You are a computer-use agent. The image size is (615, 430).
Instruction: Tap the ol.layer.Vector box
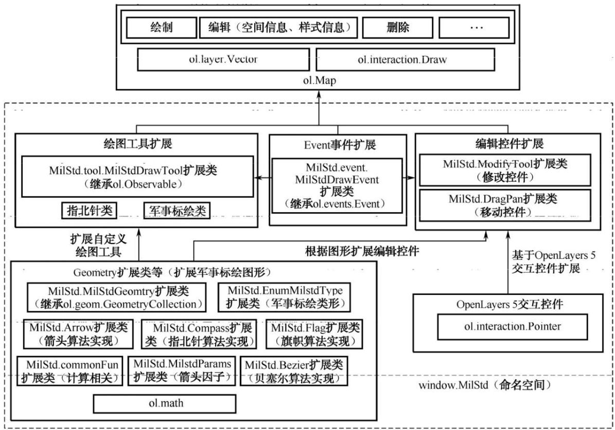tap(223, 60)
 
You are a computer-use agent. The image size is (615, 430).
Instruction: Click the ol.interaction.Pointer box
tap(505, 325)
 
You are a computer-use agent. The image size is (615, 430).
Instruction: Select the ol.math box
tap(164, 402)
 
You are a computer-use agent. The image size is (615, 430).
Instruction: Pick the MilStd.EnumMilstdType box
tap(285, 296)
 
